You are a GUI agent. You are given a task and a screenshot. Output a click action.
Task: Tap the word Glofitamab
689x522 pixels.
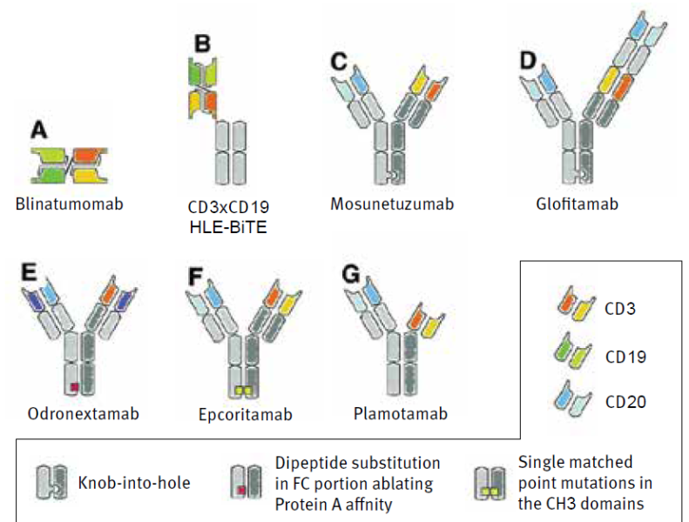pos(578,204)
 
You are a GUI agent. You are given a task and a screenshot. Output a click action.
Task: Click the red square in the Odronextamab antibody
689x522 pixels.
pos(77,384)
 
